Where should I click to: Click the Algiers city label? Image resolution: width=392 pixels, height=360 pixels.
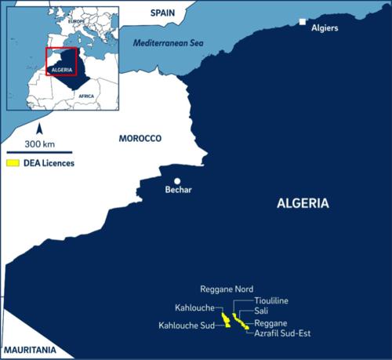click(x=325, y=28)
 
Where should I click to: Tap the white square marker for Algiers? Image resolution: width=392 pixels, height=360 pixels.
click(x=303, y=22)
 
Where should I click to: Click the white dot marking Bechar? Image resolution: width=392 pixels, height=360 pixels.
click(x=177, y=180)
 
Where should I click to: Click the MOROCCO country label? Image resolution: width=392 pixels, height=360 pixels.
click(x=140, y=139)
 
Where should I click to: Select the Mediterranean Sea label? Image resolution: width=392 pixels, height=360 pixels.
click(x=167, y=43)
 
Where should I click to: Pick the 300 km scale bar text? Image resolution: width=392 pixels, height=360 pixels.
click(x=39, y=144)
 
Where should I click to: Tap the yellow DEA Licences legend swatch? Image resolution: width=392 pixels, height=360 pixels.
click(x=12, y=164)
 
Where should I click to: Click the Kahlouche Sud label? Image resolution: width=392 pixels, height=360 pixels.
click(x=187, y=325)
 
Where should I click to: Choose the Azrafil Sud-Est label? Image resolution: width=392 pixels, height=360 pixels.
click(x=282, y=333)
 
